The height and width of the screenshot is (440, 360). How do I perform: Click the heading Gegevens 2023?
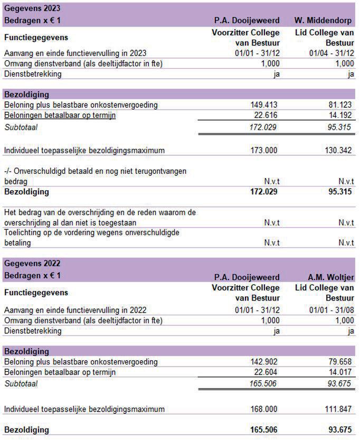[x=32, y=9]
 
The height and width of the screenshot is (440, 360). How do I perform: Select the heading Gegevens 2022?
[x=32, y=263]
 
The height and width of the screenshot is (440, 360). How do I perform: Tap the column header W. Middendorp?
[x=324, y=20]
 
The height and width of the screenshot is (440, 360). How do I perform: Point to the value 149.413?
[x=263, y=105]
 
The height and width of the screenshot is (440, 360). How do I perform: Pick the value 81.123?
[x=338, y=105]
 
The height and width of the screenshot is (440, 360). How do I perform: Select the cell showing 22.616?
[x=264, y=115]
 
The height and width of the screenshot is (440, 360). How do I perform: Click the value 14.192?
[x=338, y=115]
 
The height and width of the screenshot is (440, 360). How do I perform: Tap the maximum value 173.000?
[x=263, y=151]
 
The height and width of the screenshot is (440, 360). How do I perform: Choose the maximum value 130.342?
[x=337, y=151]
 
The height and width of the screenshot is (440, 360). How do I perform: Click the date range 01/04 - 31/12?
[x=331, y=53]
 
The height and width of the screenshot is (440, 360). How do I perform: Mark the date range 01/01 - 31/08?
[x=331, y=310]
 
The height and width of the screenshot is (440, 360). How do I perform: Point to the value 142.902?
[x=263, y=362]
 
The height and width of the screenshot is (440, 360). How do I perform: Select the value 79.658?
[x=338, y=362]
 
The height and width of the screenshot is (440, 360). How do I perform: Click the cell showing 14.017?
[x=338, y=372]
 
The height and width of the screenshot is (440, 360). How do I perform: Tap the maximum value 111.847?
[x=337, y=409]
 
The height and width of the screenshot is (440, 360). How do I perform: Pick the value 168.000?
[x=263, y=409]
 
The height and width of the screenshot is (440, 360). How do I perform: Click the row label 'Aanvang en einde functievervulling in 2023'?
[x=75, y=53]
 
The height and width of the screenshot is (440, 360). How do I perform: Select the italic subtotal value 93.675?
[x=338, y=384]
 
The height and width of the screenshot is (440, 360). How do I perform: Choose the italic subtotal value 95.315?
[x=338, y=127]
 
